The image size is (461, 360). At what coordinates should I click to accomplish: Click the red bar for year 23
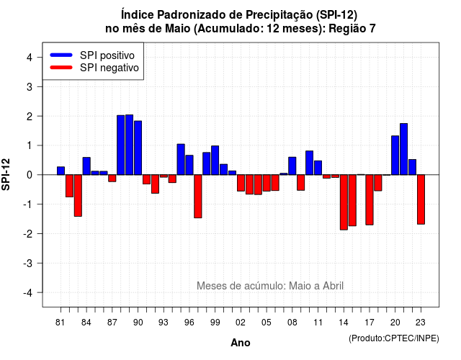[x=421, y=199]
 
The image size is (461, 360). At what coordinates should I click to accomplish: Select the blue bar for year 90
[x=138, y=148]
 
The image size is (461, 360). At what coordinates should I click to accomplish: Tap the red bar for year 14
[x=344, y=202]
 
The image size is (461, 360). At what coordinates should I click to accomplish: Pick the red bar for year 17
[x=370, y=200]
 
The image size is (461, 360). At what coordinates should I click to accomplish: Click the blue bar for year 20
[x=395, y=156]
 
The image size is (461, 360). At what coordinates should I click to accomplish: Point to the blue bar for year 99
[x=215, y=160]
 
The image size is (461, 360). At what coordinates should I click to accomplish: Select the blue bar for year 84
[x=86, y=166]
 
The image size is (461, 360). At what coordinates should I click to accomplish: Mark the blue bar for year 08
[x=292, y=166]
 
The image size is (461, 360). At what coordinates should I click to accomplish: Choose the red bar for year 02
[x=241, y=183]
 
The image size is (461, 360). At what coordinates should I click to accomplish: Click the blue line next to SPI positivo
[x=61, y=55]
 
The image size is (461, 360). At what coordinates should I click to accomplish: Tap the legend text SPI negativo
[x=109, y=68]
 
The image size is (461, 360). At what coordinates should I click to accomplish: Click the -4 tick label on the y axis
[x=29, y=292]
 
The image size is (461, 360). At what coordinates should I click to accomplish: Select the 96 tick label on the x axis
[x=189, y=323]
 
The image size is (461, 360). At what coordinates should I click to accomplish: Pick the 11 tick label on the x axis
[x=318, y=323]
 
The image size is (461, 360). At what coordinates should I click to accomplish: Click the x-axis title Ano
[x=241, y=343]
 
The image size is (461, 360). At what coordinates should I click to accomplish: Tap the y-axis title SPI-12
[x=6, y=174]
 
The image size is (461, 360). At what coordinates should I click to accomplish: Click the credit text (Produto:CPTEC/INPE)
[x=394, y=338]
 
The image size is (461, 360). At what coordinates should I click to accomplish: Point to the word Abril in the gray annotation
[x=333, y=286]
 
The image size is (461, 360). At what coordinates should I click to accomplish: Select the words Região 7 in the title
[x=352, y=29]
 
